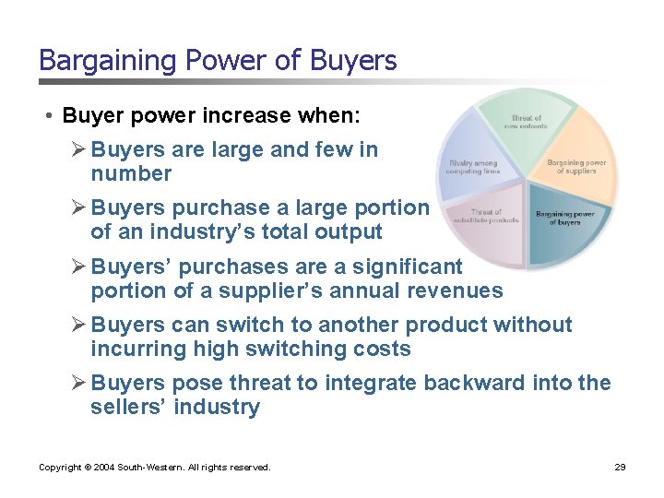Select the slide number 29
click(620, 468)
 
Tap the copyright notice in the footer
click(155, 468)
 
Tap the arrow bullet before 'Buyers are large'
click(79, 149)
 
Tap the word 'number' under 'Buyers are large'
click(131, 173)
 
